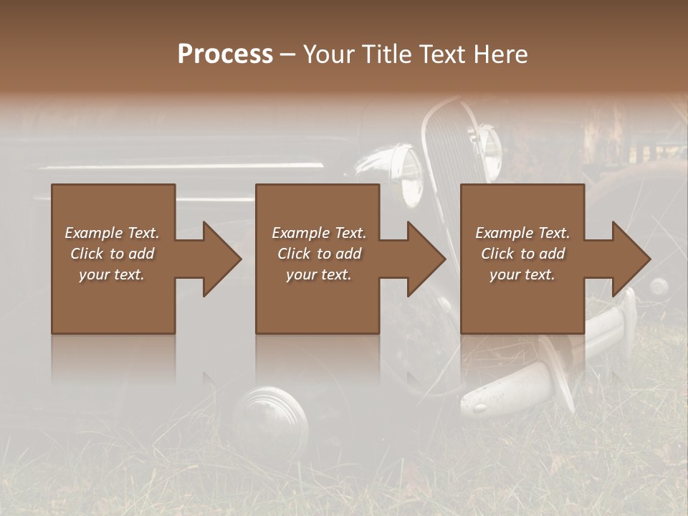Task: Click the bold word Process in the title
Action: point(225,54)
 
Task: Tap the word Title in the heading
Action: point(385,54)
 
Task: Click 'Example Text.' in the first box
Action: point(112,233)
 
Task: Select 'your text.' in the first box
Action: point(112,274)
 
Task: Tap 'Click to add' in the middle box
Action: point(319,254)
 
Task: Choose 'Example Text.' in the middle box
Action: point(319,233)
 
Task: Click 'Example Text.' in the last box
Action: point(522,233)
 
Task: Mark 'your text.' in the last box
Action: point(522,274)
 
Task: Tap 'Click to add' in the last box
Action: point(522,254)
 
